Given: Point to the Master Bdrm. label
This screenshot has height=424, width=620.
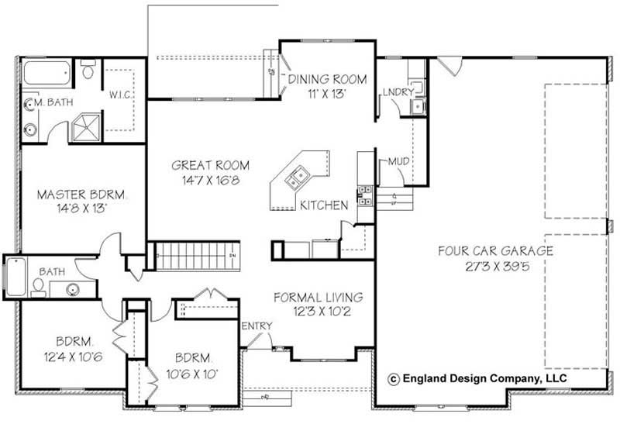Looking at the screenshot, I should (81, 194).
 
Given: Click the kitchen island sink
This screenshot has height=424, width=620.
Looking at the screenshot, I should (296, 180).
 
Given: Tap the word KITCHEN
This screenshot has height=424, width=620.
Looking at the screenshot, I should (324, 205).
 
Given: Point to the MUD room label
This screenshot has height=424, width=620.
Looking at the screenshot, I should (398, 161).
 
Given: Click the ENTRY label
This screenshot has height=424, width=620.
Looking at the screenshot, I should (257, 326).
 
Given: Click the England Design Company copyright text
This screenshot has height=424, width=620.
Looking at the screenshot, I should (477, 378).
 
